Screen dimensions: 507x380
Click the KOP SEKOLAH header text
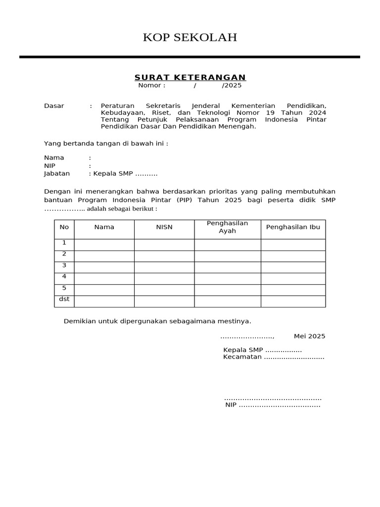pyautogui.click(x=190, y=37)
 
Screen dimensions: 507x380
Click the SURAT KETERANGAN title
pyautogui.click(x=190, y=77)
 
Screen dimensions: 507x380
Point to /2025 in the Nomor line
pyautogui.click(x=232, y=85)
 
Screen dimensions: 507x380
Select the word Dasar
pyautogui.click(x=54, y=106)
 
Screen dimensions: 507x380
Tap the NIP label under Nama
pyautogui.click(x=49, y=165)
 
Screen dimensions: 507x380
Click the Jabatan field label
pyautogui.click(x=57, y=173)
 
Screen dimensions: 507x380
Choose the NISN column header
pyautogui.click(x=164, y=227)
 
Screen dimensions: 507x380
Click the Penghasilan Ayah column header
pyautogui.click(x=227, y=227)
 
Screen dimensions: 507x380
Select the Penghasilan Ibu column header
pyautogui.click(x=293, y=227)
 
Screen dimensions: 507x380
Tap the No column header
pyautogui.click(x=64, y=227)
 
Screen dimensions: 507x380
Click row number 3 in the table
pyautogui.click(x=64, y=265)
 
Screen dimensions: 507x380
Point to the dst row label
pyautogui.click(x=64, y=300)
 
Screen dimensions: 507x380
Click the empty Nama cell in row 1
pyautogui.click(x=104, y=245)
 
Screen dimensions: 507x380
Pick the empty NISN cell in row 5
pyautogui.click(x=164, y=290)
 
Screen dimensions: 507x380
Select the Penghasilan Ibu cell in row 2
pyautogui.click(x=293, y=256)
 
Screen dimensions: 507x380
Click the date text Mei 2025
pyautogui.click(x=309, y=336)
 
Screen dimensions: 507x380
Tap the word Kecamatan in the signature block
pyautogui.click(x=242, y=357)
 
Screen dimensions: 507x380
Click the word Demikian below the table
pyautogui.click(x=79, y=321)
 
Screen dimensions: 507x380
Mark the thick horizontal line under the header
pyautogui.click(x=190, y=57)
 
